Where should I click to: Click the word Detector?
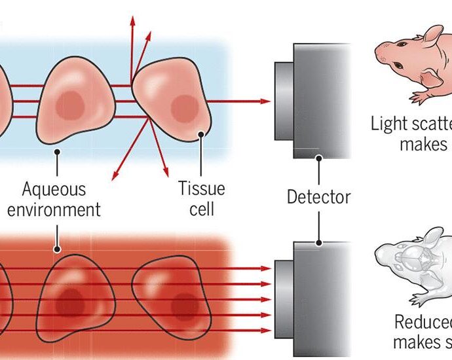[319, 196]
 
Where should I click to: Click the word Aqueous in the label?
[54, 190]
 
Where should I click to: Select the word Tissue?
[201, 189]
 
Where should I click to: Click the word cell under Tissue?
[201, 209]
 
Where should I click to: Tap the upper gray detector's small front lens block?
[284, 101]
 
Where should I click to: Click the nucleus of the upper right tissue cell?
[185, 107]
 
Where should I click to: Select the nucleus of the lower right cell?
[185, 305]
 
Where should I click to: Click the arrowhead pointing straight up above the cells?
[132, 18]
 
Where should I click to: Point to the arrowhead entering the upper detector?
[265, 101]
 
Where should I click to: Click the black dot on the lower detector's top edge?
[319, 242]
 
